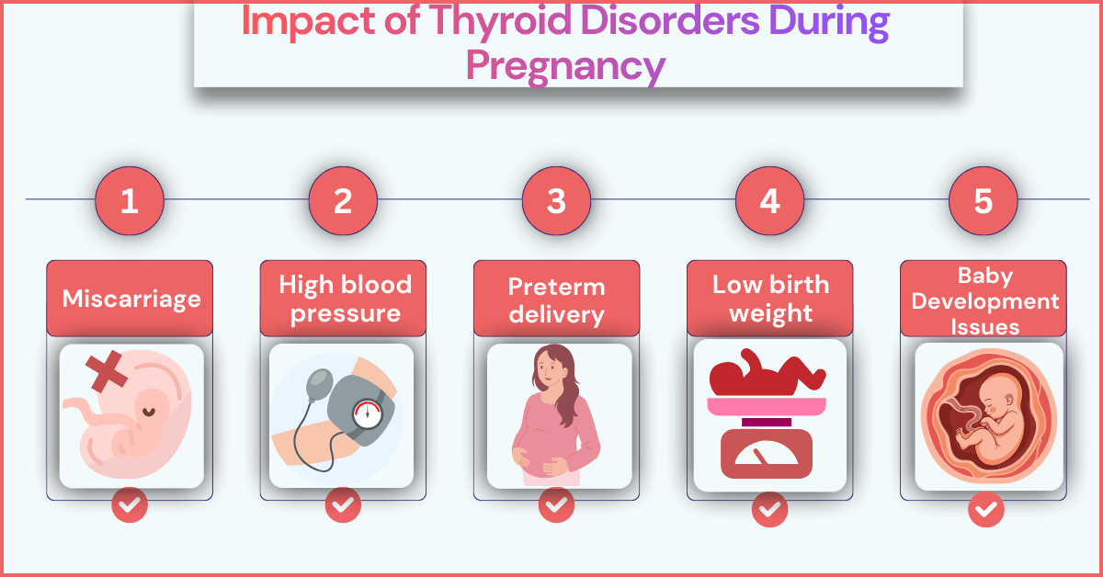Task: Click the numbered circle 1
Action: [x=130, y=200]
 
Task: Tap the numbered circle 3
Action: [x=556, y=200]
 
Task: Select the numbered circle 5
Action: [x=983, y=200]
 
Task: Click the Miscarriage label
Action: [x=130, y=299]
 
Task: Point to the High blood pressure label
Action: [x=343, y=299]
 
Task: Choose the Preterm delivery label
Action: [x=556, y=300]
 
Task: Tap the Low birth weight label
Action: [x=769, y=299]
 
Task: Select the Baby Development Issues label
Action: [x=983, y=300]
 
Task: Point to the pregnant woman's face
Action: [x=549, y=372]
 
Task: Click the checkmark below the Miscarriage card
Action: [x=130, y=504]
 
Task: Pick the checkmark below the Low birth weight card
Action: [x=769, y=509]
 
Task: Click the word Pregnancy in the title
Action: [x=564, y=65]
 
